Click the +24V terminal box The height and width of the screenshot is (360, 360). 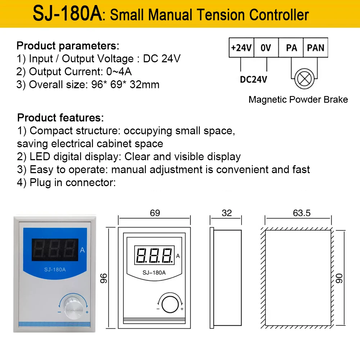(241, 48)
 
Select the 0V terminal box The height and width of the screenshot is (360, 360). (266, 48)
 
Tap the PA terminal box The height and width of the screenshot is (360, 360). (291, 48)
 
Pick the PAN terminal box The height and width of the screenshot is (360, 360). (315, 48)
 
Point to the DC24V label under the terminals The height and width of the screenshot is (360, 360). (253, 79)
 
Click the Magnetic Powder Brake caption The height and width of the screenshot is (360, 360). (298, 100)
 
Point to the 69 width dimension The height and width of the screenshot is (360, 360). (155, 213)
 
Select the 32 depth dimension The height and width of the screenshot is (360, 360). (227, 213)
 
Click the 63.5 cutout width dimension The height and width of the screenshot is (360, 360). (301, 213)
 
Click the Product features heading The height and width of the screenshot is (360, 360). (60, 118)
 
